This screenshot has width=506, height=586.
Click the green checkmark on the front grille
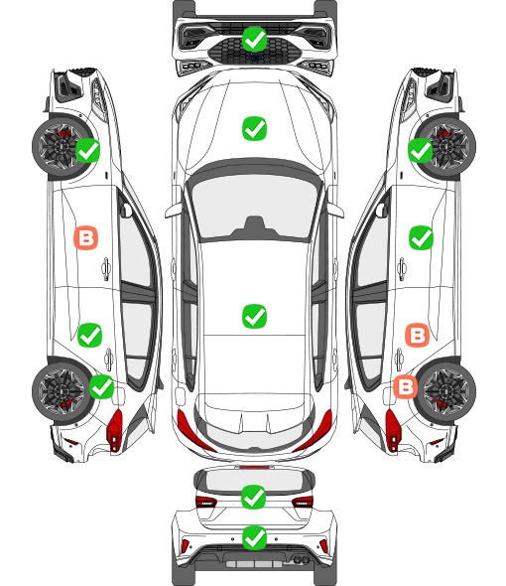[x=254, y=39]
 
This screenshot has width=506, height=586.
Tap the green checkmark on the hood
[x=254, y=128]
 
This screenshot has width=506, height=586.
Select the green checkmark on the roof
[x=254, y=316]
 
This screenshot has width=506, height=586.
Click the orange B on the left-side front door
[x=86, y=237]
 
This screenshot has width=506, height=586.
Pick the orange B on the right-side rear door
[x=417, y=335]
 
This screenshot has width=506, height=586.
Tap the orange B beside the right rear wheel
[x=406, y=386]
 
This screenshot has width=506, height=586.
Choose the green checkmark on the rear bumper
[x=254, y=538]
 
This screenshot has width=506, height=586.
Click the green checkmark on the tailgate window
[x=254, y=497]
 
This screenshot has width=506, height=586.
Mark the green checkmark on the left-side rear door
[x=89, y=335]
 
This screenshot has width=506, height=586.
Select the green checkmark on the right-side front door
[x=421, y=237]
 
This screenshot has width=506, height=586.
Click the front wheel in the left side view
[x=60, y=147]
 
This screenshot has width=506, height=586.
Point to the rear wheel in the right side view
[x=447, y=390]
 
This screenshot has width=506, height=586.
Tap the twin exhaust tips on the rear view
[x=301, y=559]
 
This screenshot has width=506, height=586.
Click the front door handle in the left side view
[x=106, y=269]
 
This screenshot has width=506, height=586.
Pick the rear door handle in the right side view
[x=399, y=360]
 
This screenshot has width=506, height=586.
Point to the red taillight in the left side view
[x=115, y=430]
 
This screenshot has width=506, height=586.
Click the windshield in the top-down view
[x=254, y=208]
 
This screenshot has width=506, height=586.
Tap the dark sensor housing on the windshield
[x=254, y=226]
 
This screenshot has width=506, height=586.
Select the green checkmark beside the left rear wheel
[x=102, y=386]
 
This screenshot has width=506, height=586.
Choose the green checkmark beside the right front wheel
[x=420, y=150]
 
